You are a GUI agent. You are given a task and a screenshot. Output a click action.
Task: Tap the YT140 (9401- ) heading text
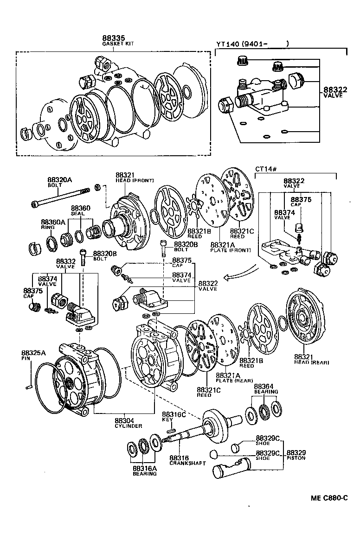pyautogui.click(x=252, y=44)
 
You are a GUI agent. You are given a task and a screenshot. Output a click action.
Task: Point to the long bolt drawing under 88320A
pyautogui.click(x=60, y=197)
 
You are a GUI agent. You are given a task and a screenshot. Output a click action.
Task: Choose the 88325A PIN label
pyautogui.click(x=33, y=355)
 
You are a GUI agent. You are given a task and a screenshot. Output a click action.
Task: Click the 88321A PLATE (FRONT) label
pyautogui.click(x=230, y=247)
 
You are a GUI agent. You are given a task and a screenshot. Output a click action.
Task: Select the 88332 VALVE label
pyautogui.click(x=65, y=264)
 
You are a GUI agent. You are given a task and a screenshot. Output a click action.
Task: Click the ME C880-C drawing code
pyautogui.click(x=329, y=499)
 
